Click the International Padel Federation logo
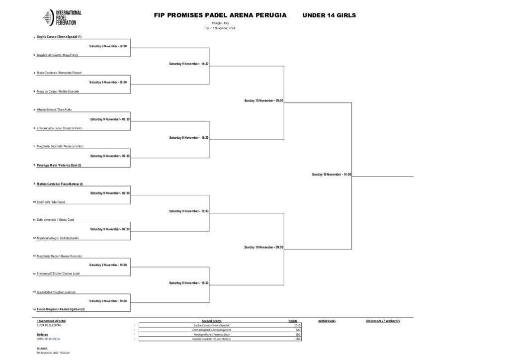[x=62, y=17]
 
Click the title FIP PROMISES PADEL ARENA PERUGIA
[x=220, y=15]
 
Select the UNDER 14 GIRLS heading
[x=329, y=15]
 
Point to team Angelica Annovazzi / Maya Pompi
[x=57, y=55]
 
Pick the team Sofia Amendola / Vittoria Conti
[x=55, y=220]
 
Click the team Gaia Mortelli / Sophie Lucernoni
[x=56, y=292]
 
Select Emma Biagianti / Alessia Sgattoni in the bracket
[x=61, y=309]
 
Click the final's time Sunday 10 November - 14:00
[x=332, y=175]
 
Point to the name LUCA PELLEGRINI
[x=48, y=325]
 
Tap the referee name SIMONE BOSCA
[x=47, y=339]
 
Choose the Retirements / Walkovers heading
[x=383, y=321]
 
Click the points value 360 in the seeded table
[x=298, y=339]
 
